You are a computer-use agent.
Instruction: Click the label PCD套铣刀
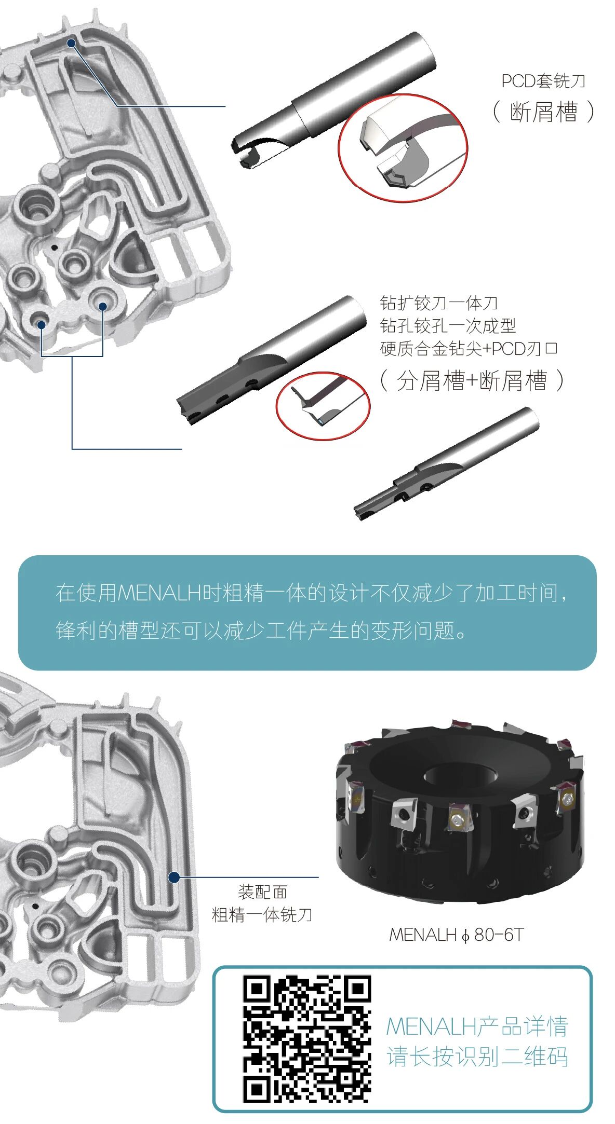pyautogui.click(x=543, y=81)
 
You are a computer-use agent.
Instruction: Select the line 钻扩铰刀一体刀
pyautogui.click(x=439, y=303)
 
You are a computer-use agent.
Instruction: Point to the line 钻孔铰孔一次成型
pyautogui.click(x=448, y=325)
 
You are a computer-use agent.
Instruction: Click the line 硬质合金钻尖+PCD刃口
pyautogui.click(x=469, y=348)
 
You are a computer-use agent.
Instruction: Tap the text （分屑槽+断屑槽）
pyautogui.click(x=472, y=380)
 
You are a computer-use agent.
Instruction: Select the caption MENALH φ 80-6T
pyautogui.click(x=456, y=935)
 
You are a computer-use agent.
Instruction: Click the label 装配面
pyautogui.click(x=262, y=892)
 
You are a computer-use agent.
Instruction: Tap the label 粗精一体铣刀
pyautogui.click(x=262, y=914)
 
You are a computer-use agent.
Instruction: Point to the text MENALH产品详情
pyautogui.click(x=477, y=1026)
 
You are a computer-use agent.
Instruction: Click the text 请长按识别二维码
pyautogui.click(x=477, y=1057)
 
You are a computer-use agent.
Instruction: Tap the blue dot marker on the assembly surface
pyautogui.click(x=175, y=877)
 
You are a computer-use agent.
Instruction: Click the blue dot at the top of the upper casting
pyautogui.click(x=72, y=43)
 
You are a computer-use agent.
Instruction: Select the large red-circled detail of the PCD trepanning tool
pyautogui.click(x=403, y=148)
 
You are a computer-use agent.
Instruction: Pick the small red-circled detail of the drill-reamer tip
pyautogui.click(x=323, y=406)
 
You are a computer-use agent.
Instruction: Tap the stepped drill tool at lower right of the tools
pyautogui.click(x=446, y=463)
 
